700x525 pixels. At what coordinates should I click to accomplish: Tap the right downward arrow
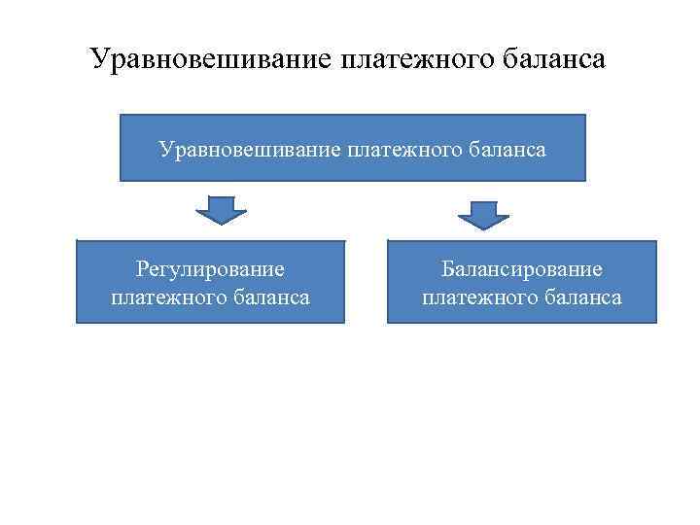click(476, 214)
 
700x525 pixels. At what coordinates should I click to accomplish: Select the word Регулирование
click(210, 269)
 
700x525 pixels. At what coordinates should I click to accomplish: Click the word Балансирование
click(522, 269)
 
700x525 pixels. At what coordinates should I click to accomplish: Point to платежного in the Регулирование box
click(173, 297)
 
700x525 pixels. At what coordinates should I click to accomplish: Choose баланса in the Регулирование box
click(274, 297)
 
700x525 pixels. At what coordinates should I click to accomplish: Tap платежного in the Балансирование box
click(484, 297)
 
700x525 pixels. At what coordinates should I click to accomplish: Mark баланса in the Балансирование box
click(585, 297)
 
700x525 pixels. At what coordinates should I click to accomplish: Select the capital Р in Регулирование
click(142, 269)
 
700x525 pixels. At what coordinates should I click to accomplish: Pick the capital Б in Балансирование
click(447, 269)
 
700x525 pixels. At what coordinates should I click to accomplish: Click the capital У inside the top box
click(165, 150)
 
